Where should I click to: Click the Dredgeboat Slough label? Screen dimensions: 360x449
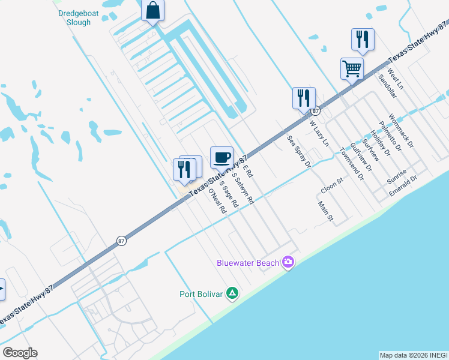tap(75, 18)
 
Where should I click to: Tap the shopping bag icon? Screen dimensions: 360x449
tap(153, 11)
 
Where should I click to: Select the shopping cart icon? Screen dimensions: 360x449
tap(352, 68)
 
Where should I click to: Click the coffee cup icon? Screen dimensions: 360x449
tap(221, 157)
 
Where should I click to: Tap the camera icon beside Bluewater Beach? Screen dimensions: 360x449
tap(288, 262)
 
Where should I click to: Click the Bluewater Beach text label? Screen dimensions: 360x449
tap(248, 263)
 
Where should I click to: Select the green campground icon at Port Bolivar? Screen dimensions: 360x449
tap(232, 293)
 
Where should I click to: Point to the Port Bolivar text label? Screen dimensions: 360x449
tap(201, 294)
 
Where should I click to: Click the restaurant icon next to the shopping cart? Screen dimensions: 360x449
tap(363, 39)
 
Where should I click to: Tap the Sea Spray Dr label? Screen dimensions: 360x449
tap(300, 151)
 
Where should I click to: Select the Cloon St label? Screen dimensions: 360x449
tap(331, 185)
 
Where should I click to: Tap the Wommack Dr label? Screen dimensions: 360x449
tap(401, 131)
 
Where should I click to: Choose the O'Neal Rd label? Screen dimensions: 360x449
tap(216, 202)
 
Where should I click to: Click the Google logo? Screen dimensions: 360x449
tap(20, 353)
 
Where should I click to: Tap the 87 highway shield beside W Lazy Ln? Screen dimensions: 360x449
tap(315, 111)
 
